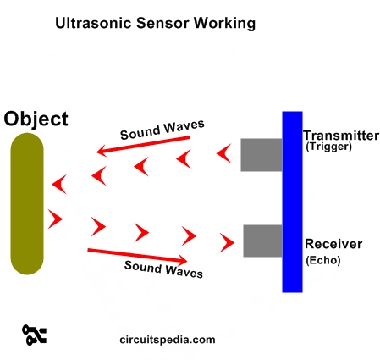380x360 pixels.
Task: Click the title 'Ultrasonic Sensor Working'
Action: point(155,24)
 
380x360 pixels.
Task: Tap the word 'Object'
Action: point(36,119)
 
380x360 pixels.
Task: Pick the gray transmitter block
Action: point(261,154)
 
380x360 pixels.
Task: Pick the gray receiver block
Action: point(262,241)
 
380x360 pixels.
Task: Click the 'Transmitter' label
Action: point(340,136)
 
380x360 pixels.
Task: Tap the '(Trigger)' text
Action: point(328,147)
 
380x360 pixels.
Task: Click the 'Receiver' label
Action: point(333,244)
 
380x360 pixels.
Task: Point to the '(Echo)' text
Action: point(322,261)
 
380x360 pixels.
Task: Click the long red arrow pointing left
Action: point(143,146)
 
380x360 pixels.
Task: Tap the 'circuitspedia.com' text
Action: point(168,340)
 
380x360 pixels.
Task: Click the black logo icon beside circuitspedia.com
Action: point(35,335)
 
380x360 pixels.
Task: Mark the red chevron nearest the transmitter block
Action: point(223,154)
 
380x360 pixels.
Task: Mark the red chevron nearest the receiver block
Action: point(227,243)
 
